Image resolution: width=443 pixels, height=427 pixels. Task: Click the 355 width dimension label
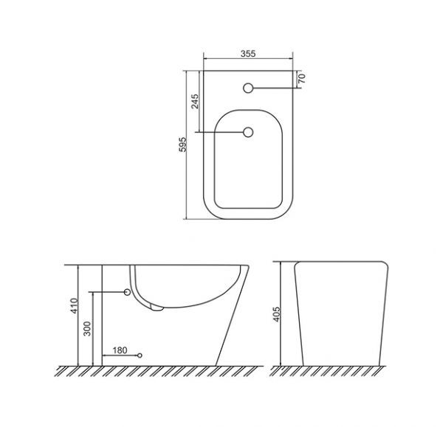pyautogui.click(x=248, y=54)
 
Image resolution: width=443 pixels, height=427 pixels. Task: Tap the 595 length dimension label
pyautogui.click(x=183, y=145)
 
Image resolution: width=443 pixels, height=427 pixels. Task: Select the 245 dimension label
pyautogui.click(x=195, y=102)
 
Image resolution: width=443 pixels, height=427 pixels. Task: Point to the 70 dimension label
pyautogui.click(x=302, y=78)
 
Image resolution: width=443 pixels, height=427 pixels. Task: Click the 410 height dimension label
pyautogui.click(x=74, y=305)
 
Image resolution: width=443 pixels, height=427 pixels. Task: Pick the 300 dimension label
pyautogui.click(x=88, y=328)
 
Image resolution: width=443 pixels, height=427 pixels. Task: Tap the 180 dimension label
pyautogui.click(x=120, y=350)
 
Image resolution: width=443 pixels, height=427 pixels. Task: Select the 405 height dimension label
pyautogui.click(x=276, y=314)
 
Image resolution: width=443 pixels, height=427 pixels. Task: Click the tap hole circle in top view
pyautogui.click(x=248, y=88)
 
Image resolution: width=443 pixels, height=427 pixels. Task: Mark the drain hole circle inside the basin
pyautogui.click(x=248, y=132)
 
